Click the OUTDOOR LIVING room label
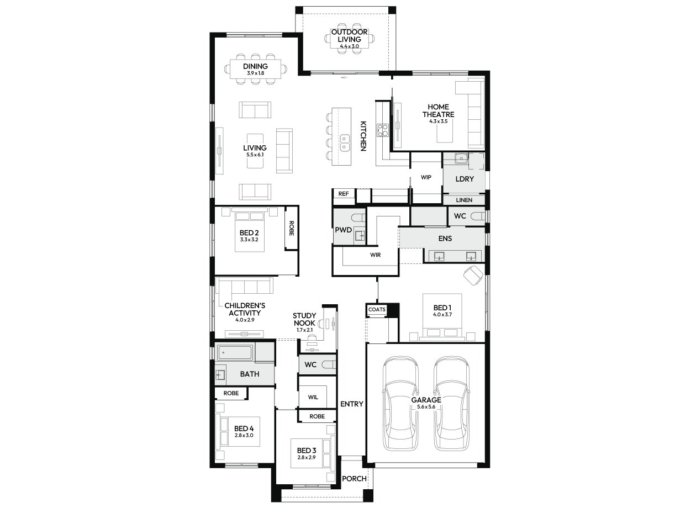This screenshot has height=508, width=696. [x=349, y=36]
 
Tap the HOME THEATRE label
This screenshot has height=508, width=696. [x=438, y=111]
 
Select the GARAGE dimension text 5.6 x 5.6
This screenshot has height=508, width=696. [x=426, y=407]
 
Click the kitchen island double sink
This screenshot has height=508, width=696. [x=344, y=143]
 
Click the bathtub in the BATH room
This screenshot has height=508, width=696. [x=235, y=353]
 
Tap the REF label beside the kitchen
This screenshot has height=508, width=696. [x=344, y=194]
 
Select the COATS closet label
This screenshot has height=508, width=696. [x=377, y=310]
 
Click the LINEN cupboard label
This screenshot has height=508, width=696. [x=464, y=200]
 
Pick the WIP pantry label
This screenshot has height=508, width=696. [x=426, y=177]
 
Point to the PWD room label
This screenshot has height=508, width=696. [x=344, y=230]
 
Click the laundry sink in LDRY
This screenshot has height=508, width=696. [x=461, y=158]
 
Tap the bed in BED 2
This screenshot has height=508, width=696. [x=250, y=232]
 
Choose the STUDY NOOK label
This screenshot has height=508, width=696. [x=304, y=320]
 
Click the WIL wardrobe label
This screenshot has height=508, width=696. [x=313, y=397]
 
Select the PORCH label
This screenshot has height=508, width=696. [x=354, y=479]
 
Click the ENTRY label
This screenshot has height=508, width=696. [x=352, y=404]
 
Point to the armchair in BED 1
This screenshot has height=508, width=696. [x=473, y=275]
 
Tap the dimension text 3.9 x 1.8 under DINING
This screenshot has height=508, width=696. [x=255, y=73]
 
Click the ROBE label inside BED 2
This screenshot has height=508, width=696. [x=292, y=228]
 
